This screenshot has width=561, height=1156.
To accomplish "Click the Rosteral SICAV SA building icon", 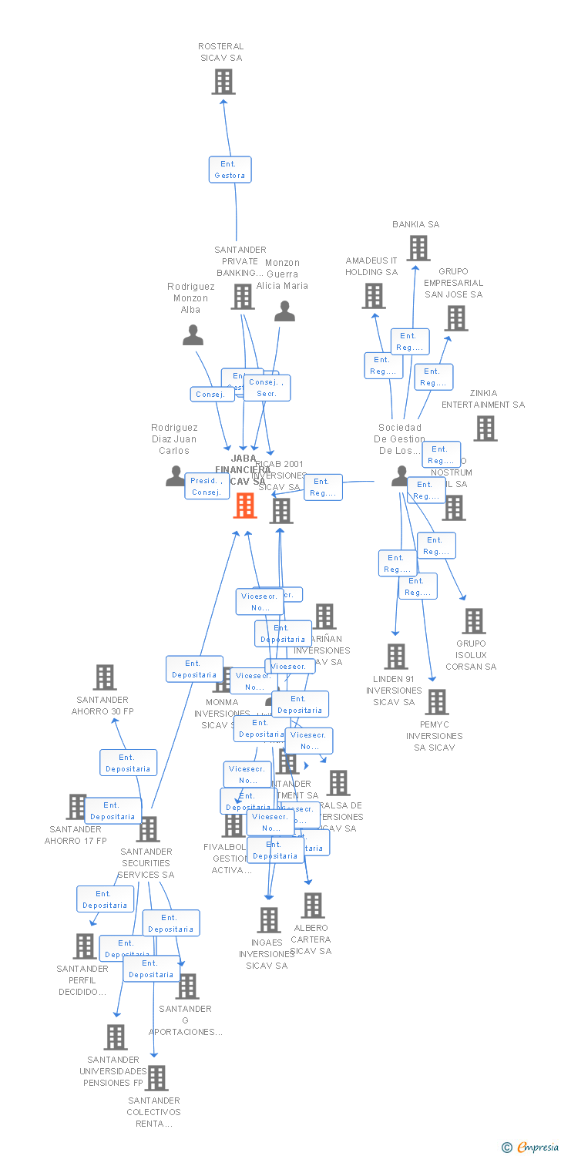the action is pyautogui.click(x=223, y=82).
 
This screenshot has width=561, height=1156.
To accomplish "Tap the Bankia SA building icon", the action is pyautogui.click(x=418, y=248).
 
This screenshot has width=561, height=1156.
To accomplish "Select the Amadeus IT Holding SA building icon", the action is pyautogui.click(x=374, y=296).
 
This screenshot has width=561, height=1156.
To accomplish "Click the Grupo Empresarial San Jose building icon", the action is pyautogui.click(x=455, y=318).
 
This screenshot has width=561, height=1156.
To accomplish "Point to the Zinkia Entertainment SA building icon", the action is pyautogui.click(x=485, y=428).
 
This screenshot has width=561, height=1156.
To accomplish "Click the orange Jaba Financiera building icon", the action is pyautogui.click(x=245, y=506).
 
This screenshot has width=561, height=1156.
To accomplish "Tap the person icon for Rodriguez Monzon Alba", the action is pyautogui.click(x=193, y=335).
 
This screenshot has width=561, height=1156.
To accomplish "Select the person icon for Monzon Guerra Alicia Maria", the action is pyautogui.click(x=285, y=311).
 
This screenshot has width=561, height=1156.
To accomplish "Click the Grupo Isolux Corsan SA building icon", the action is pyautogui.click(x=473, y=621).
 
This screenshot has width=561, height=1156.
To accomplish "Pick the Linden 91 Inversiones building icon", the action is pyautogui.click(x=395, y=657).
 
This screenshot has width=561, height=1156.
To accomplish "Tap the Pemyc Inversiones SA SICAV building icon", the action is pyautogui.click(x=437, y=702).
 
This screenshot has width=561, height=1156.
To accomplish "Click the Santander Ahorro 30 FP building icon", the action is pyautogui.click(x=105, y=677).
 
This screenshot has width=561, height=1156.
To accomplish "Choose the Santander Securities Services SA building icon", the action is pyautogui.click(x=148, y=829).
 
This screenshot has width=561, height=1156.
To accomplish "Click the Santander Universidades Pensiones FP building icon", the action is pyautogui.click(x=116, y=1037).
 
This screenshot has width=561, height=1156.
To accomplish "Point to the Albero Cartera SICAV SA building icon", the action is pyautogui.click(x=313, y=906).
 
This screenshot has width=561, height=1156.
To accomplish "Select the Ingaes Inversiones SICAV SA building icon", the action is pyautogui.click(x=269, y=920).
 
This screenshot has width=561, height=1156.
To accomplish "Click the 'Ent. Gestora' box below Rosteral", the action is pyautogui.click(x=230, y=170).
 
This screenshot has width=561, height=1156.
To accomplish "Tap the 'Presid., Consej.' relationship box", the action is pyautogui.click(x=207, y=486).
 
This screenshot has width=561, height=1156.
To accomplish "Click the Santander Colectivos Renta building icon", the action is pyautogui.click(x=156, y=1078).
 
